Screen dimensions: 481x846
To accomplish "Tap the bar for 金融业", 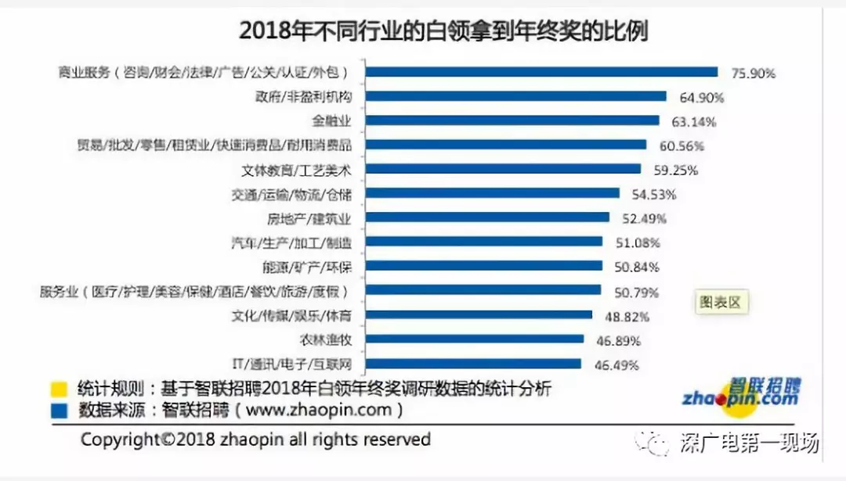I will click(x=513, y=120).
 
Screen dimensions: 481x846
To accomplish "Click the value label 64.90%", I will click(x=701, y=98).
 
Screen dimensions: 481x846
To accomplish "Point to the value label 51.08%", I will click(x=637, y=242).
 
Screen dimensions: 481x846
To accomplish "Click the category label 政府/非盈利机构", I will click(x=303, y=97).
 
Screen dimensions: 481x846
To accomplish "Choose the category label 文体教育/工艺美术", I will click(x=297, y=170).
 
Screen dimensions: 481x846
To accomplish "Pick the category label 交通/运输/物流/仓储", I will click(x=295, y=194).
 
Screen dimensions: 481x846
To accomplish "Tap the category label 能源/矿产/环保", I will click(x=307, y=267).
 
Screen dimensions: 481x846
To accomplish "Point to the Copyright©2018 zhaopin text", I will click(x=255, y=440).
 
